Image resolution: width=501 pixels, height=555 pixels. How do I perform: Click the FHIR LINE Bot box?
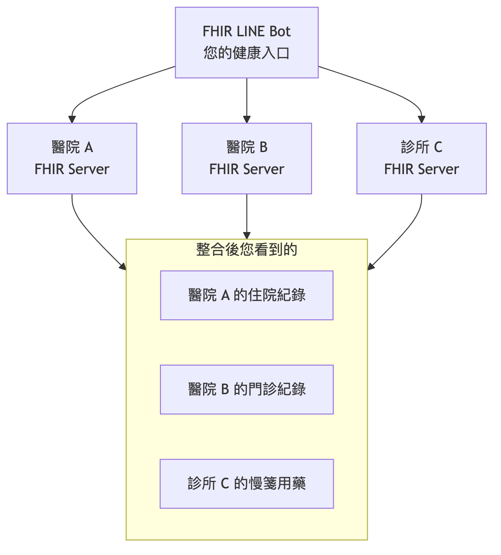246,42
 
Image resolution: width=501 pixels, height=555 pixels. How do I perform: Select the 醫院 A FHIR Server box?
72,158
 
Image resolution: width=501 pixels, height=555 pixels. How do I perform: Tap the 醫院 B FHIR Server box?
246,158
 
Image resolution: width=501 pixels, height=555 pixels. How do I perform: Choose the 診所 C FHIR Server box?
421,158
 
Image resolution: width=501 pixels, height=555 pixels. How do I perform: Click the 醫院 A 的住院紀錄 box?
246,295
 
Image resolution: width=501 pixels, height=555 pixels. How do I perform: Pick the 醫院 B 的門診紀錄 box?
246,389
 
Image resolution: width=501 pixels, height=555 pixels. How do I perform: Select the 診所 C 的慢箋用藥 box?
246,483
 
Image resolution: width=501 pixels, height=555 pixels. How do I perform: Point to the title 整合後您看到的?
246,249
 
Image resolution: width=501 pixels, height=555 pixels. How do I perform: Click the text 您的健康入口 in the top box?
246,53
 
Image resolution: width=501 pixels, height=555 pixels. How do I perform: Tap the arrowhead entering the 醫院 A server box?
72,119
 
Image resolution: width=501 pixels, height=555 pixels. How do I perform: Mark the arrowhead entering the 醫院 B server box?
247,119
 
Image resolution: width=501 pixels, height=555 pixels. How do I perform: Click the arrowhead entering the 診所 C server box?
421,119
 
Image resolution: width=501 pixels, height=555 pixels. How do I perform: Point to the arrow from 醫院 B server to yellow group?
247,216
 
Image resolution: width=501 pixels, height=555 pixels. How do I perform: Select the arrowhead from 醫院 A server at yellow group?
123,266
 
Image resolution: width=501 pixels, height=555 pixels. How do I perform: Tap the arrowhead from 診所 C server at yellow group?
371,266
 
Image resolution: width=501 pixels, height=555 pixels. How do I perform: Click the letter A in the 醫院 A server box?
89,147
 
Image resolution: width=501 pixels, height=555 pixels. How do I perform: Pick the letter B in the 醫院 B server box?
263,147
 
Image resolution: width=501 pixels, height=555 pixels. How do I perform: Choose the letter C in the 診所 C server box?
438,147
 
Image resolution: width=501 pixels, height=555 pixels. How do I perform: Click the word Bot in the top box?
280,31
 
